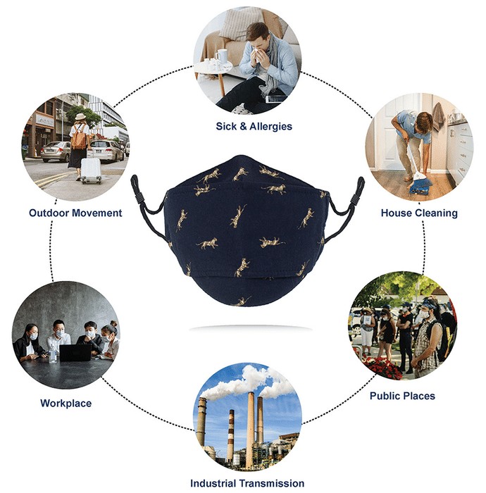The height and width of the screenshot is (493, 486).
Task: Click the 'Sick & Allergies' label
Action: (x=254, y=126)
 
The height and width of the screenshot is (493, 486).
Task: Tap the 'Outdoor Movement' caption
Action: (x=75, y=213)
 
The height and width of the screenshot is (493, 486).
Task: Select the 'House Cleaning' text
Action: (x=419, y=213)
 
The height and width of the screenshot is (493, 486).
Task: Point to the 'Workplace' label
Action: (x=66, y=403)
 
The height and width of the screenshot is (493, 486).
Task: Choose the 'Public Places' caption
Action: (x=402, y=396)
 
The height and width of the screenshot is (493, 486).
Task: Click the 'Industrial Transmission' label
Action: (x=247, y=483)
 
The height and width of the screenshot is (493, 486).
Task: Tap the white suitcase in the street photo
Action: (x=91, y=170)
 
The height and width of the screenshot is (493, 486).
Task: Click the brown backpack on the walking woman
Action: (x=78, y=137)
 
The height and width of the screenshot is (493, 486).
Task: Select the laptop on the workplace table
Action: (x=75, y=353)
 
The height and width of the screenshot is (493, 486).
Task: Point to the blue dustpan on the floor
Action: (x=420, y=187)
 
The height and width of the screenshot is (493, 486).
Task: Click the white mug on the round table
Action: (x=221, y=56)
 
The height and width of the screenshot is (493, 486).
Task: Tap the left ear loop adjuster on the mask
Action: (x=137, y=189)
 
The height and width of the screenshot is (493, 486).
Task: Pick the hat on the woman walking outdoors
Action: (x=80, y=117)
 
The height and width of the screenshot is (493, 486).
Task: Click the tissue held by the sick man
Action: (x=256, y=52)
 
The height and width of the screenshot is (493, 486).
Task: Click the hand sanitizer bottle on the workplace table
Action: (x=53, y=355)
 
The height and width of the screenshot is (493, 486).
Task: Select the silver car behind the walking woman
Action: (x=56, y=151)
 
